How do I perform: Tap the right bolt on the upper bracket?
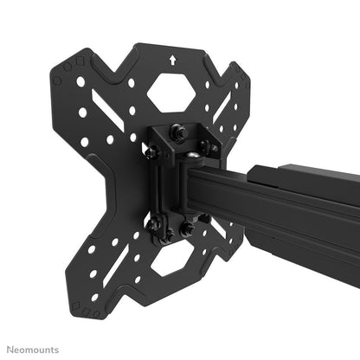tap(206, 148)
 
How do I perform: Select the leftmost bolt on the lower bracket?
tap(153, 224)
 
